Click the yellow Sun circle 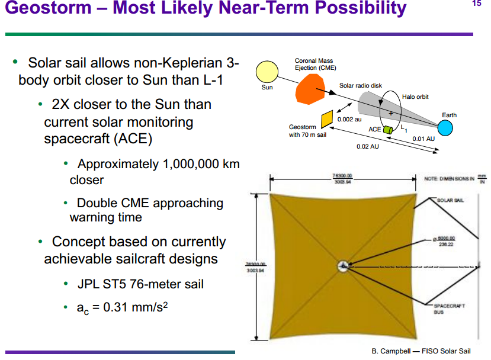(x=267, y=72)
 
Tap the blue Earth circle (x=445, y=127)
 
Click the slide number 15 (x=477, y=4)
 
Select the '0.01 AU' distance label (x=423, y=139)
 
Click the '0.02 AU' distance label (x=368, y=146)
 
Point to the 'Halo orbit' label (x=415, y=97)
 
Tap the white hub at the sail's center (x=342, y=266)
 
